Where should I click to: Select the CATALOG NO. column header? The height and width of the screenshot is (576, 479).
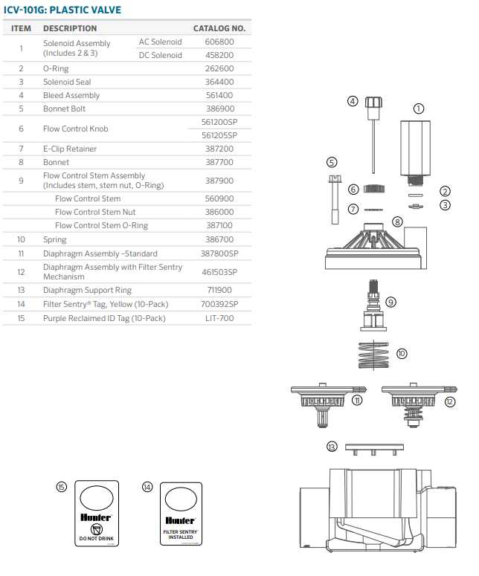[219, 28]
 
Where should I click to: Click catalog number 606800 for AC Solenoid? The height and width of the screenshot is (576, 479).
[219, 42]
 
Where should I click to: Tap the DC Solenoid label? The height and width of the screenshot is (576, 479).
[160, 55]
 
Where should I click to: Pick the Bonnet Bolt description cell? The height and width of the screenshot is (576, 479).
[64, 109]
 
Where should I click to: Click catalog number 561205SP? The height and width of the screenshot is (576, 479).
[219, 135]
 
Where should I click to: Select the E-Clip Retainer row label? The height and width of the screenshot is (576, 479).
[70, 149]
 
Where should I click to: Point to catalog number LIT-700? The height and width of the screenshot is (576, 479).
[219, 318]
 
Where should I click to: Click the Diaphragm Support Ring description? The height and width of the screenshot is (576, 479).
[87, 290]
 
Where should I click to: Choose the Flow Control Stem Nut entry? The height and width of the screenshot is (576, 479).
[95, 212]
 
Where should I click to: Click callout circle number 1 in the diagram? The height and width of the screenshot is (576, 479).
[419, 109]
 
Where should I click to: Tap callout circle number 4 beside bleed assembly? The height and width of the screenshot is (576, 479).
[353, 101]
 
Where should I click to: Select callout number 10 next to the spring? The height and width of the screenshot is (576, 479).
[402, 354]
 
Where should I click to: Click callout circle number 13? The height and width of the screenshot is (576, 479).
[332, 447]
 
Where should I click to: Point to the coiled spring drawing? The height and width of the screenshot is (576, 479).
[375, 355]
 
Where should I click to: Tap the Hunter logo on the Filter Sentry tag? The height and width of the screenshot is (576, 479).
[181, 520]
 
